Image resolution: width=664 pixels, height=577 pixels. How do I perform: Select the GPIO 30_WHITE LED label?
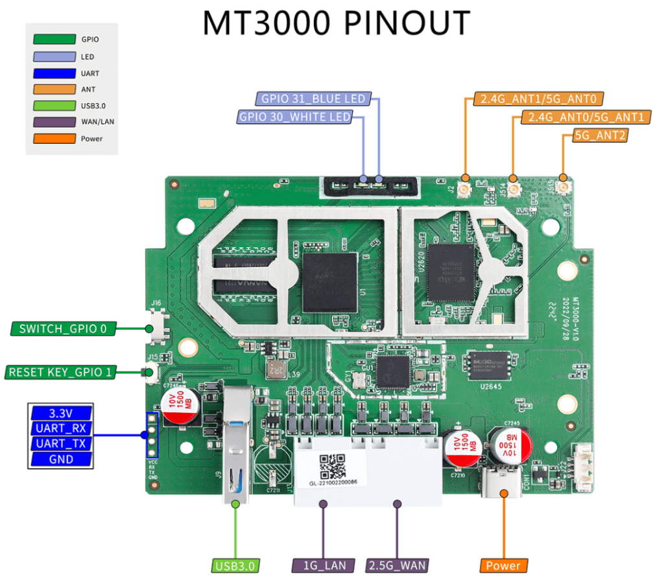pyautogui.click(x=295, y=117)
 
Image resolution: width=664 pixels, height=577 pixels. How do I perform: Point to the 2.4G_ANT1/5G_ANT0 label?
pyautogui.click(x=539, y=99)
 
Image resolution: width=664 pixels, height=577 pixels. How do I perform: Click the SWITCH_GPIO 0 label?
pyautogui.click(x=63, y=329)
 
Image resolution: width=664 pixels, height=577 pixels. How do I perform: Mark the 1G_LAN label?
pyautogui.click(x=324, y=565)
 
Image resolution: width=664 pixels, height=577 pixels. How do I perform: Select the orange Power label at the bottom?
pyautogui.click(x=504, y=565)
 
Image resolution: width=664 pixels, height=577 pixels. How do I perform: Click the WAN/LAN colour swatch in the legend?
pyautogui.click(x=54, y=122)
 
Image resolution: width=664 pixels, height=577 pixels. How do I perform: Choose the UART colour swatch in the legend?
pyautogui.click(x=54, y=73)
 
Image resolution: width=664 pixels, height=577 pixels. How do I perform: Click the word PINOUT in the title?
pyautogui.click(x=405, y=24)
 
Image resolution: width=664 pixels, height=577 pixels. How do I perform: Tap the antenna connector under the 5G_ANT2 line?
pyautogui.click(x=563, y=187)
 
